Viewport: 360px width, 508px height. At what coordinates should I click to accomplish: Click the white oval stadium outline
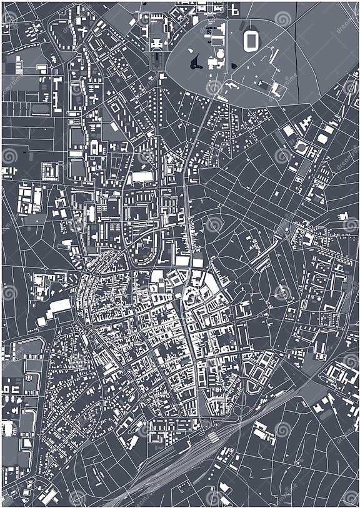tap(251, 41)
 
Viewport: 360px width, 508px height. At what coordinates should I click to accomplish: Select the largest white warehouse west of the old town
tap(60, 306)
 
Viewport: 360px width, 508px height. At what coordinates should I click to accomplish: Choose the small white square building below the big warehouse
tap(42, 321)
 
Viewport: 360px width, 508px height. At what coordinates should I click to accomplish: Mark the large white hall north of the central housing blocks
tap(142, 177)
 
